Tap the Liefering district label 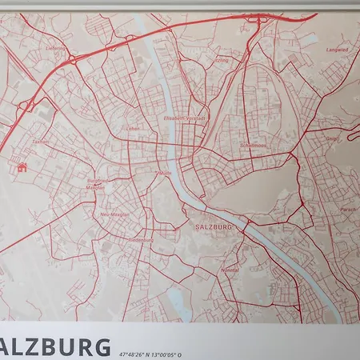point(54,49)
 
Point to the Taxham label point(39,142)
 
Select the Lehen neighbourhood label point(133,128)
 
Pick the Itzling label point(222,60)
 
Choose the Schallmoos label point(251,145)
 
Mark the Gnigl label point(330,138)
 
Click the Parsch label point(326,209)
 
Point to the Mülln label point(166,173)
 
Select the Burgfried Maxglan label point(96,184)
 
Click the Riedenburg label point(141,238)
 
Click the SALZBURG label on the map point(213,227)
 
